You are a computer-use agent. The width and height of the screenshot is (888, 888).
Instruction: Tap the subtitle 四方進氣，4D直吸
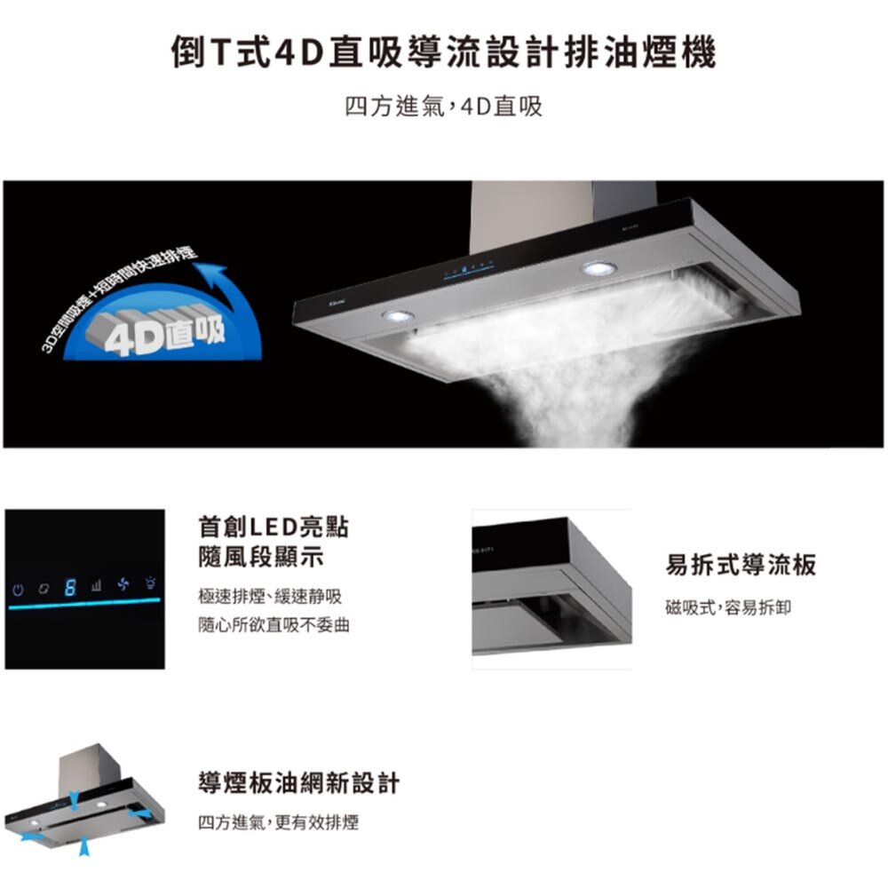click(x=443, y=108)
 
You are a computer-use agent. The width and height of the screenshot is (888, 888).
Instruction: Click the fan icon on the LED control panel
click(x=123, y=585)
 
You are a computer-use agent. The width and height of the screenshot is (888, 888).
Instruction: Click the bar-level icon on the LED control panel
click(x=96, y=586)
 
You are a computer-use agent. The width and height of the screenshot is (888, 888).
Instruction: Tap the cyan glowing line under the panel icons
click(x=84, y=605)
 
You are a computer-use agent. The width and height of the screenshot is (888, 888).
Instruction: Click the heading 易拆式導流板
click(x=741, y=564)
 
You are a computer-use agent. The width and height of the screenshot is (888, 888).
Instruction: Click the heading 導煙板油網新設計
click(x=298, y=783)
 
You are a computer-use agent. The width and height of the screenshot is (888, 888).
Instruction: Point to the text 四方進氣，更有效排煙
click(x=278, y=823)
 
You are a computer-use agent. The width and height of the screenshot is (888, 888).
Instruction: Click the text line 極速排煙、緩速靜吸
click(x=270, y=594)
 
